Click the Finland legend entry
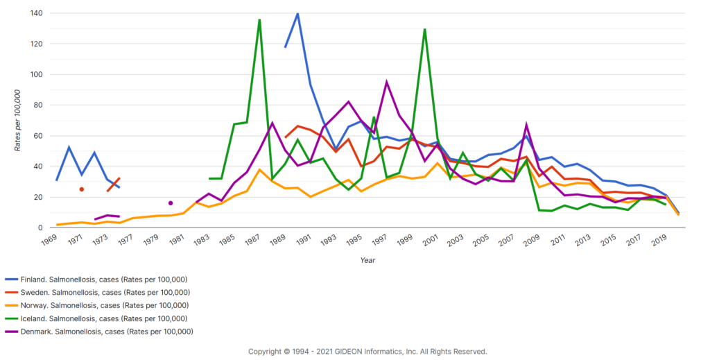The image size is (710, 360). pyautogui.click(x=97, y=279)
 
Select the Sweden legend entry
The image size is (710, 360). pyautogui.click(x=97, y=292)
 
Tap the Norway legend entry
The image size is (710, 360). pyautogui.click(x=97, y=305)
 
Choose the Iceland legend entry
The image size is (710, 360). pyautogui.click(x=97, y=318)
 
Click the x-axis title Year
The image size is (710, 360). pyautogui.click(x=368, y=260)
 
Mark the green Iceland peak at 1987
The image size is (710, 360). pyautogui.click(x=259, y=19)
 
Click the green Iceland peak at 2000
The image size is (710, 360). pyautogui.click(x=424, y=29)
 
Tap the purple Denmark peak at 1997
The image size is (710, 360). pyautogui.click(x=386, y=82)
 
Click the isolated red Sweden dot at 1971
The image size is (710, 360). pyautogui.click(x=82, y=189)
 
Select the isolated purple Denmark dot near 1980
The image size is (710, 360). pyautogui.click(x=171, y=203)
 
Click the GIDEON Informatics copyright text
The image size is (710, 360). pyautogui.click(x=367, y=352)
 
